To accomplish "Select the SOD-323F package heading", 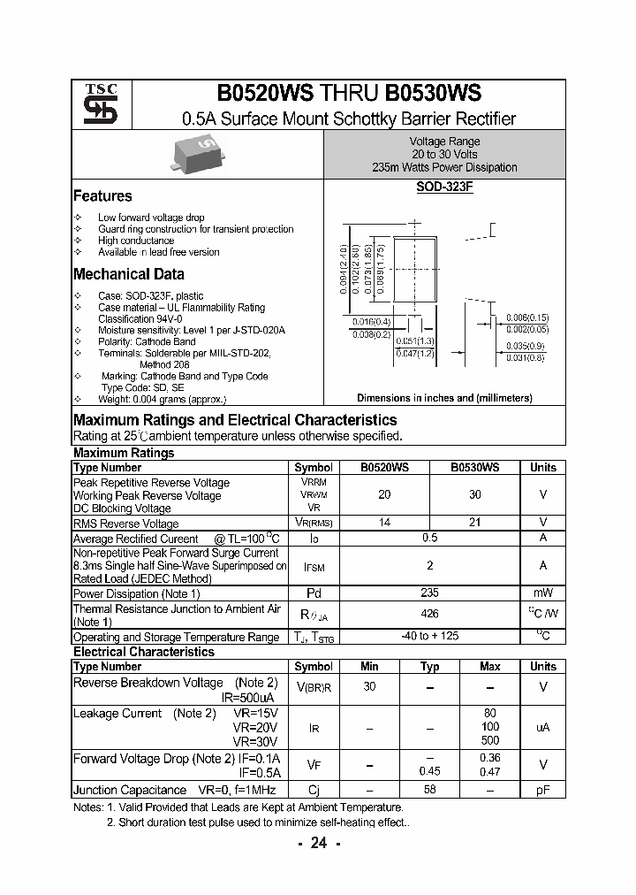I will (x=444, y=188).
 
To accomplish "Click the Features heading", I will (x=102, y=196).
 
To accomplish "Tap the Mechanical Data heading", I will (x=129, y=274).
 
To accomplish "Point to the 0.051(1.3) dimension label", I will (x=415, y=340).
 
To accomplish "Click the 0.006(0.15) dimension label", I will (x=527, y=317).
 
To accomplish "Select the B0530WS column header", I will (x=474, y=467).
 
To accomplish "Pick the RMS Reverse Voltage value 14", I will (x=384, y=523).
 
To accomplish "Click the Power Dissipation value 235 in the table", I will (x=430, y=593).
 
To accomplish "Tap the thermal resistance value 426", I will (x=430, y=614).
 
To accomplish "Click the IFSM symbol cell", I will (x=313, y=565).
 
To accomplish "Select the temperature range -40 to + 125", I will (x=430, y=636).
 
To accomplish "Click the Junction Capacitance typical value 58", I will (x=430, y=790).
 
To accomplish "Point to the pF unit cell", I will (x=543, y=790).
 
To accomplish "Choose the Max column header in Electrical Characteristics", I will (x=489, y=666).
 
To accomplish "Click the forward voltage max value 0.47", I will (x=489, y=771).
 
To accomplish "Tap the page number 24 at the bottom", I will (x=318, y=843).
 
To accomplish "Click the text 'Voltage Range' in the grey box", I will (x=444, y=142).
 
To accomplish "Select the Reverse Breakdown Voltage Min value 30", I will (x=370, y=686).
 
